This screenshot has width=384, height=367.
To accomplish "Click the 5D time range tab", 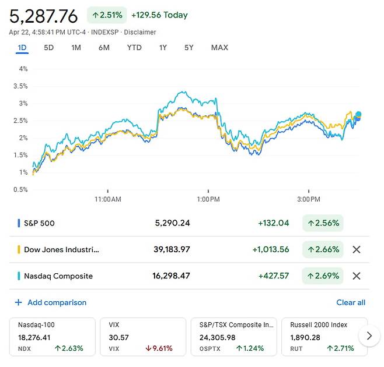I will coord(48,48).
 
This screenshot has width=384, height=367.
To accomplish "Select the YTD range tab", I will coord(134,48).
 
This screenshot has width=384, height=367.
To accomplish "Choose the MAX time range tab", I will coord(219,48).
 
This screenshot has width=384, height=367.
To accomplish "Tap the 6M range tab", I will coord(104,48).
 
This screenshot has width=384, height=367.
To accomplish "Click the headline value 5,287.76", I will coord(43,16).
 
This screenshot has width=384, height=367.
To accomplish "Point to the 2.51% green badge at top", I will coord(107,15).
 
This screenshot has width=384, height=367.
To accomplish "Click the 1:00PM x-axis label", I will coord(208,199).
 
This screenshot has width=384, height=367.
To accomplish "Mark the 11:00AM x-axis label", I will coord(107,199).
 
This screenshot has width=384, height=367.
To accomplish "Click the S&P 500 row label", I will coord(39,223).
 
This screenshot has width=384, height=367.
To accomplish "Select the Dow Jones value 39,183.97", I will coord(172,249).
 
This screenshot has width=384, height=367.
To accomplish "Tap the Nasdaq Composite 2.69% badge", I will coord(323,276).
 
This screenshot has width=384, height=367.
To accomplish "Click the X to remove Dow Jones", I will coord(357,249).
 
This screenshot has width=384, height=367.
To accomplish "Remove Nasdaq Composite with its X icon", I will coord(357,276).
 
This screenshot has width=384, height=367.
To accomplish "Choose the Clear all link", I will coord(351,303).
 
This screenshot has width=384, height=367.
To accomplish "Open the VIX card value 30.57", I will coord(118,337).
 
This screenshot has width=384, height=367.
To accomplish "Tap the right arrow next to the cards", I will coord(368,336).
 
